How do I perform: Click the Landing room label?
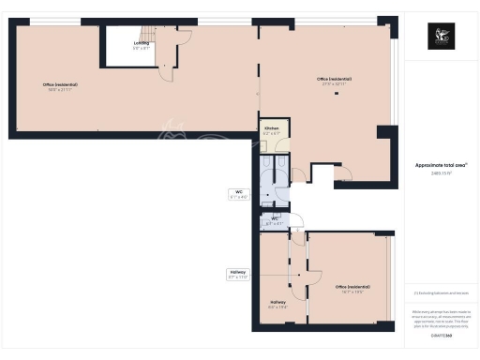click(x=141, y=43)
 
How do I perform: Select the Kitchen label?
click(x=271, y=127)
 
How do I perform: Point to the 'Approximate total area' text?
click(x=441, y=165)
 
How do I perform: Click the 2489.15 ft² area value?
click(x=441, y=172)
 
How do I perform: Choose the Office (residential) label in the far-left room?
click(x=60, y=85)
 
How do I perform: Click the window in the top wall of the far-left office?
click(x=56, y=22)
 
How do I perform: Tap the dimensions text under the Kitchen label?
click(x=271, y=134)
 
